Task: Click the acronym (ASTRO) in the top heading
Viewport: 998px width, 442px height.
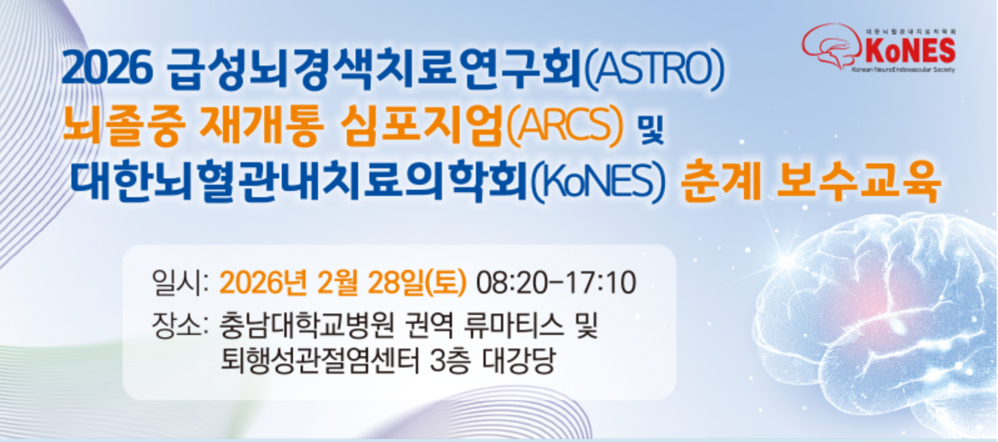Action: tap(654, 70)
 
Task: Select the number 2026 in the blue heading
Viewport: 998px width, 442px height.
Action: tap(107, 69)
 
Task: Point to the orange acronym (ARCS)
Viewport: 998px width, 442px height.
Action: tap(565, 125)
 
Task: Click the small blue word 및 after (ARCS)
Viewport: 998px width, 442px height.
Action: tap(651, 129)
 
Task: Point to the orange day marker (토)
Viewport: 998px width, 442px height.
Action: tap(446, 282)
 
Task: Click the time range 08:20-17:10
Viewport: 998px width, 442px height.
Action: tap(556, 282)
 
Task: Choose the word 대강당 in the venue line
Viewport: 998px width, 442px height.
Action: tap(520, 360)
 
